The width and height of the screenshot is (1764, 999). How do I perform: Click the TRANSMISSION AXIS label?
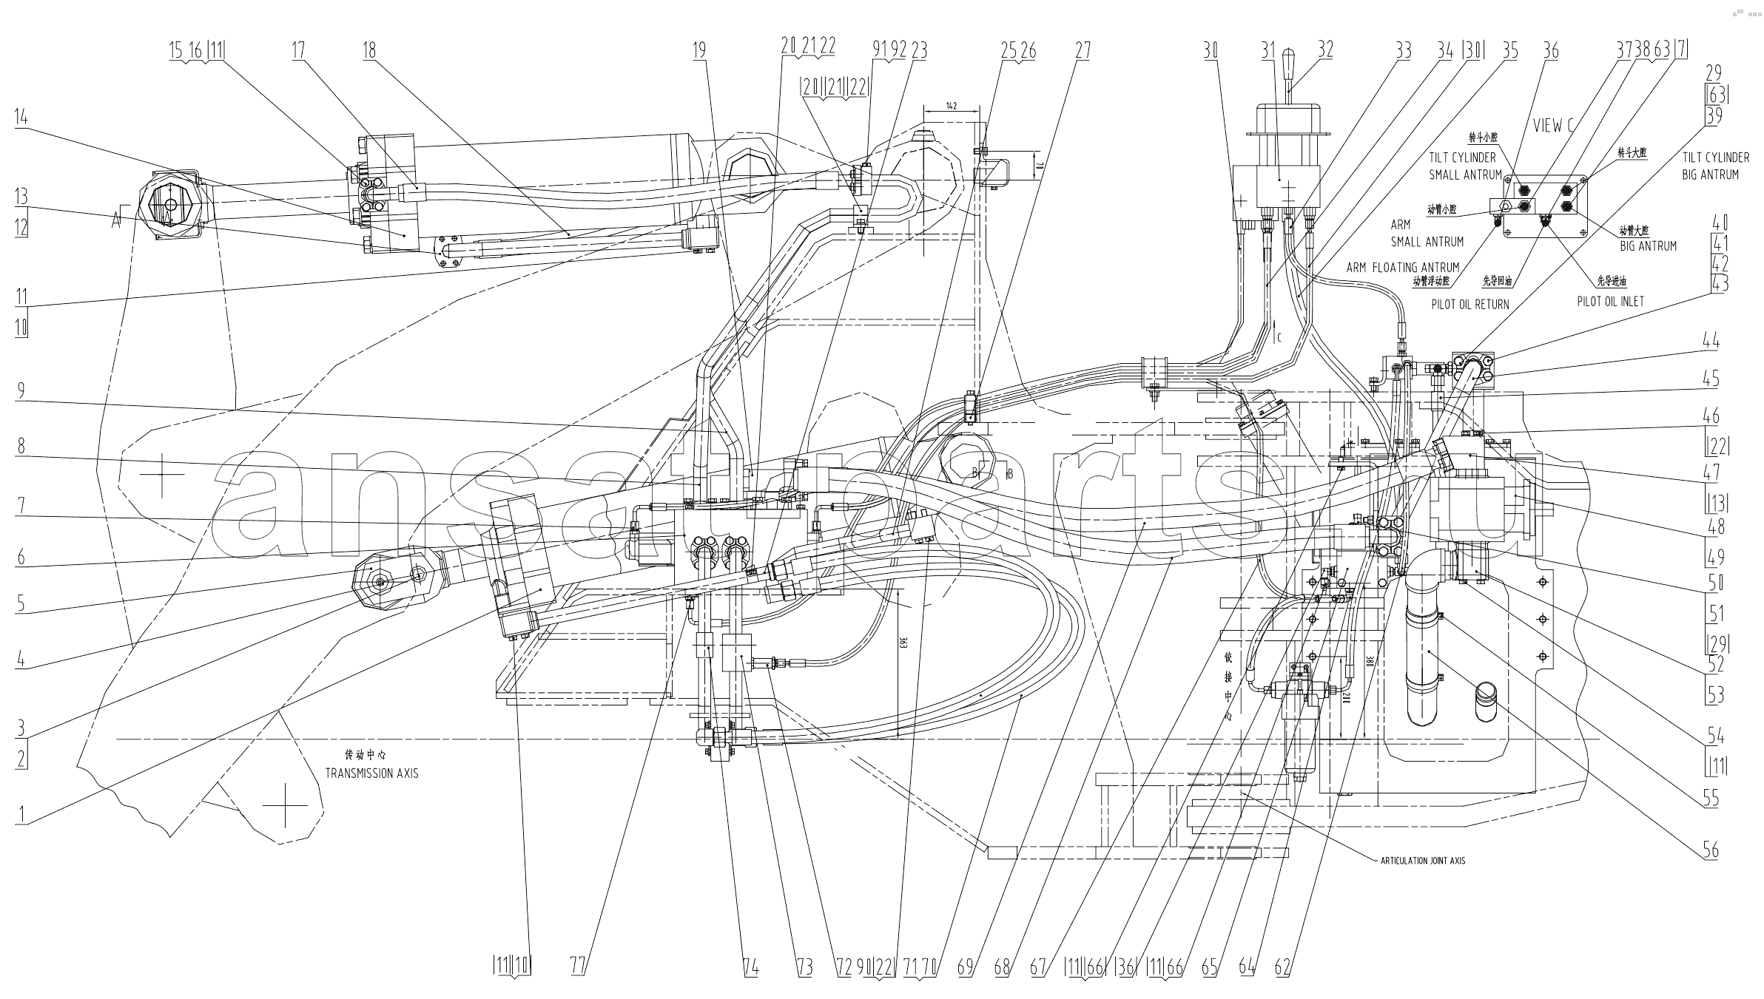371,773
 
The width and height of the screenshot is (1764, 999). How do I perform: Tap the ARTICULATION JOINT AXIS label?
1422,861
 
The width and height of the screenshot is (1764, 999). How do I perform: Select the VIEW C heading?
1552,126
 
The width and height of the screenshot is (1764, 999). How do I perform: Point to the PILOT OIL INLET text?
1609,301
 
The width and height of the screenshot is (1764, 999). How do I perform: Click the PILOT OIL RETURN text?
1470,304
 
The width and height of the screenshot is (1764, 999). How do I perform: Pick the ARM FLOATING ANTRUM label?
1403,267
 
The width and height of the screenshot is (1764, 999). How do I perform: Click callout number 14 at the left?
21,117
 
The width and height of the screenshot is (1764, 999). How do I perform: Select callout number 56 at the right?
1710,850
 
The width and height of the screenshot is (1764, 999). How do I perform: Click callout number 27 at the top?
1083,50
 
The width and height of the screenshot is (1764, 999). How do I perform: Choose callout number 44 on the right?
1711,341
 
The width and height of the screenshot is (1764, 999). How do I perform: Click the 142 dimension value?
952,106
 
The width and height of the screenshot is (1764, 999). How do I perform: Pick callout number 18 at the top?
368,50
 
